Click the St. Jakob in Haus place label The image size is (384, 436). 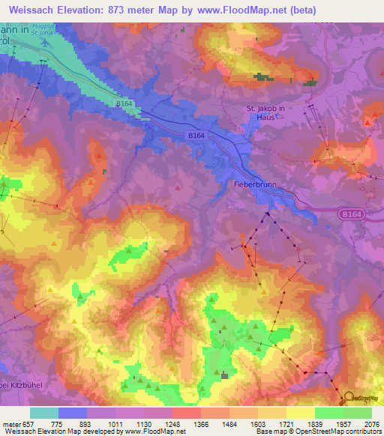266,112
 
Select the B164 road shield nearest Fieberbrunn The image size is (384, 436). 196,136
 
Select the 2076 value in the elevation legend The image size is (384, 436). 371,424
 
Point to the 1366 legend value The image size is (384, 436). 201,424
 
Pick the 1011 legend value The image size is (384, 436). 115,424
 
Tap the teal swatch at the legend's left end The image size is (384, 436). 43,413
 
